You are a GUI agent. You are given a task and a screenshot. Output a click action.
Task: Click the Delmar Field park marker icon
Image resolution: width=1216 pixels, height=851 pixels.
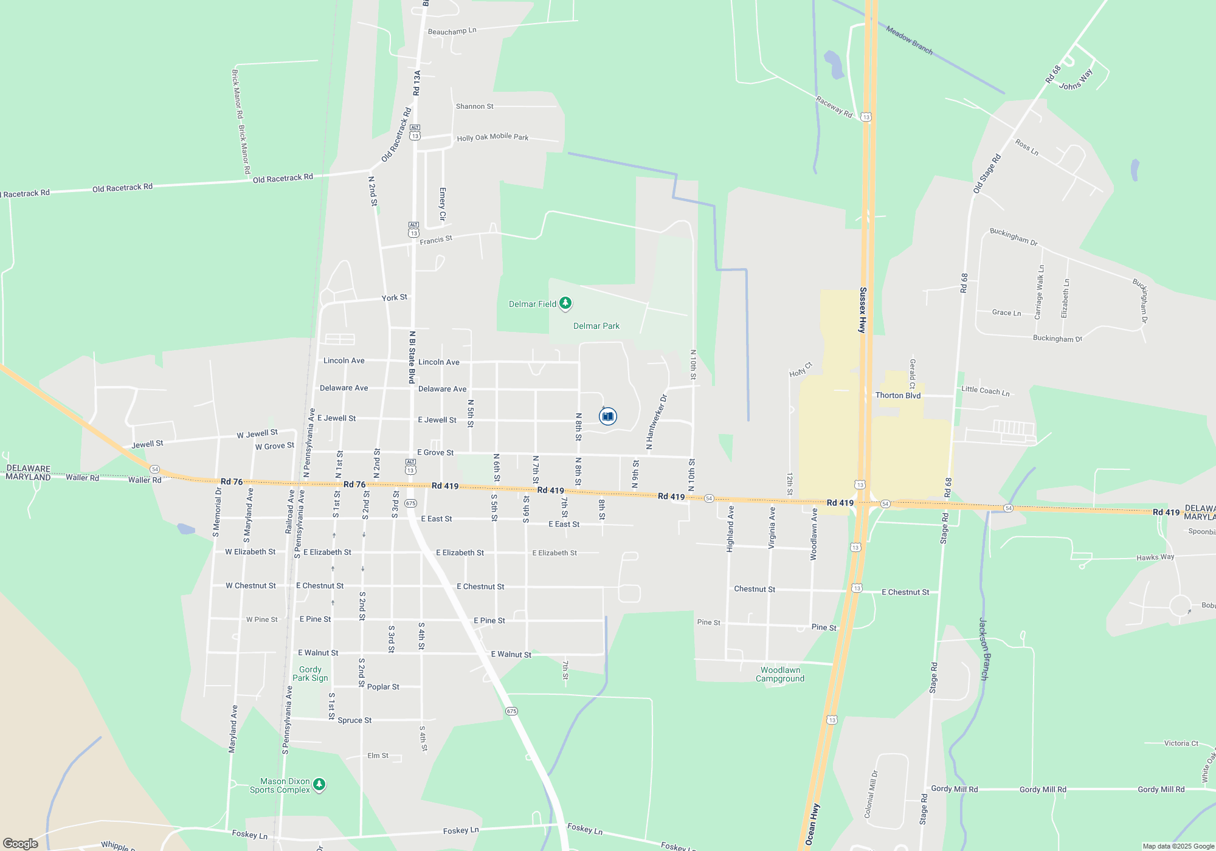click(x=565, y=303)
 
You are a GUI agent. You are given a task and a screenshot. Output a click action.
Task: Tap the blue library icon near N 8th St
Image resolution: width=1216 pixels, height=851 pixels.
click(x=607, y=416)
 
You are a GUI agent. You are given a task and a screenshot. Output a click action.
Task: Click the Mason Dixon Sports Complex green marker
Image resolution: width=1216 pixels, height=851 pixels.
click(x=319, y=785)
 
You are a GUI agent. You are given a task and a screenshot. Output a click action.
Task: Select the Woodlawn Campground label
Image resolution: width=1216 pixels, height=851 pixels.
click(x=780, y=674)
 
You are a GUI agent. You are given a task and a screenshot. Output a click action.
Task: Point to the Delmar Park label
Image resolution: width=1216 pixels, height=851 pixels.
click(x=596, y=326)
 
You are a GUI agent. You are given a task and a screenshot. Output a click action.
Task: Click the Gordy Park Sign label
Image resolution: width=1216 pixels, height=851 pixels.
click(x=310, y=674)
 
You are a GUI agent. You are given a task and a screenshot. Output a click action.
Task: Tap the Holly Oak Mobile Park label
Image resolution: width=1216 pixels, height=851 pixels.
click(x=492, y=137)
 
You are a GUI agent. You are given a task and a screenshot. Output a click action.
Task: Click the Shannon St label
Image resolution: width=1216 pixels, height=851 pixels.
click(x=475, y=106)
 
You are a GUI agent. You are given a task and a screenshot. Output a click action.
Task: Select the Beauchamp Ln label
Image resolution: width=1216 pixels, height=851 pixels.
click(x=452, y=31)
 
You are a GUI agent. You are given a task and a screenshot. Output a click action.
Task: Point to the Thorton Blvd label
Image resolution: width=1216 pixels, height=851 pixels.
click(x=898, y=395)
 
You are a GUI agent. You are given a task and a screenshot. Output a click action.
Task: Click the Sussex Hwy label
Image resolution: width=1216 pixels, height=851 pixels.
click(x=862, y=310)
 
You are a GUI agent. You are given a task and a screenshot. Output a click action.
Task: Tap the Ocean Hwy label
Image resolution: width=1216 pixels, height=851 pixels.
click(x=812, y=824)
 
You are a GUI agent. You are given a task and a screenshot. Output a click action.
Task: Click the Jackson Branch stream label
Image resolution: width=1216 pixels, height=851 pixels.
click(x=984, y=649)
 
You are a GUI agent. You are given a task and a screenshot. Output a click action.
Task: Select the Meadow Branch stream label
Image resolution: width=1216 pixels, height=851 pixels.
click(x=909, y=40)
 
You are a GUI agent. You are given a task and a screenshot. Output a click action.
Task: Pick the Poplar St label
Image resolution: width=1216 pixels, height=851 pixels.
click(x=383, y=687)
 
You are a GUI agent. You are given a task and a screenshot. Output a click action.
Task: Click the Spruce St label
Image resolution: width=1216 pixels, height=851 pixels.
click(x=354, y=720)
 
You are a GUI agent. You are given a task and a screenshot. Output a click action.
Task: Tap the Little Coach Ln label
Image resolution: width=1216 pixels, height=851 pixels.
click(x=985, y=391)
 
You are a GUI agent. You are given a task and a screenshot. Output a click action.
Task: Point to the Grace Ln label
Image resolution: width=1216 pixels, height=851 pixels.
click(x=1006, y=312)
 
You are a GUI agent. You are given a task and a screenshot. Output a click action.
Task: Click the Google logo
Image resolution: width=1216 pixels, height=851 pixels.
click(x=21, y=843)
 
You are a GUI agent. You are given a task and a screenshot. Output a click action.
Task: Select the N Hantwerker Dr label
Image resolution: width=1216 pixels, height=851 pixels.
click(x=657, y=422)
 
